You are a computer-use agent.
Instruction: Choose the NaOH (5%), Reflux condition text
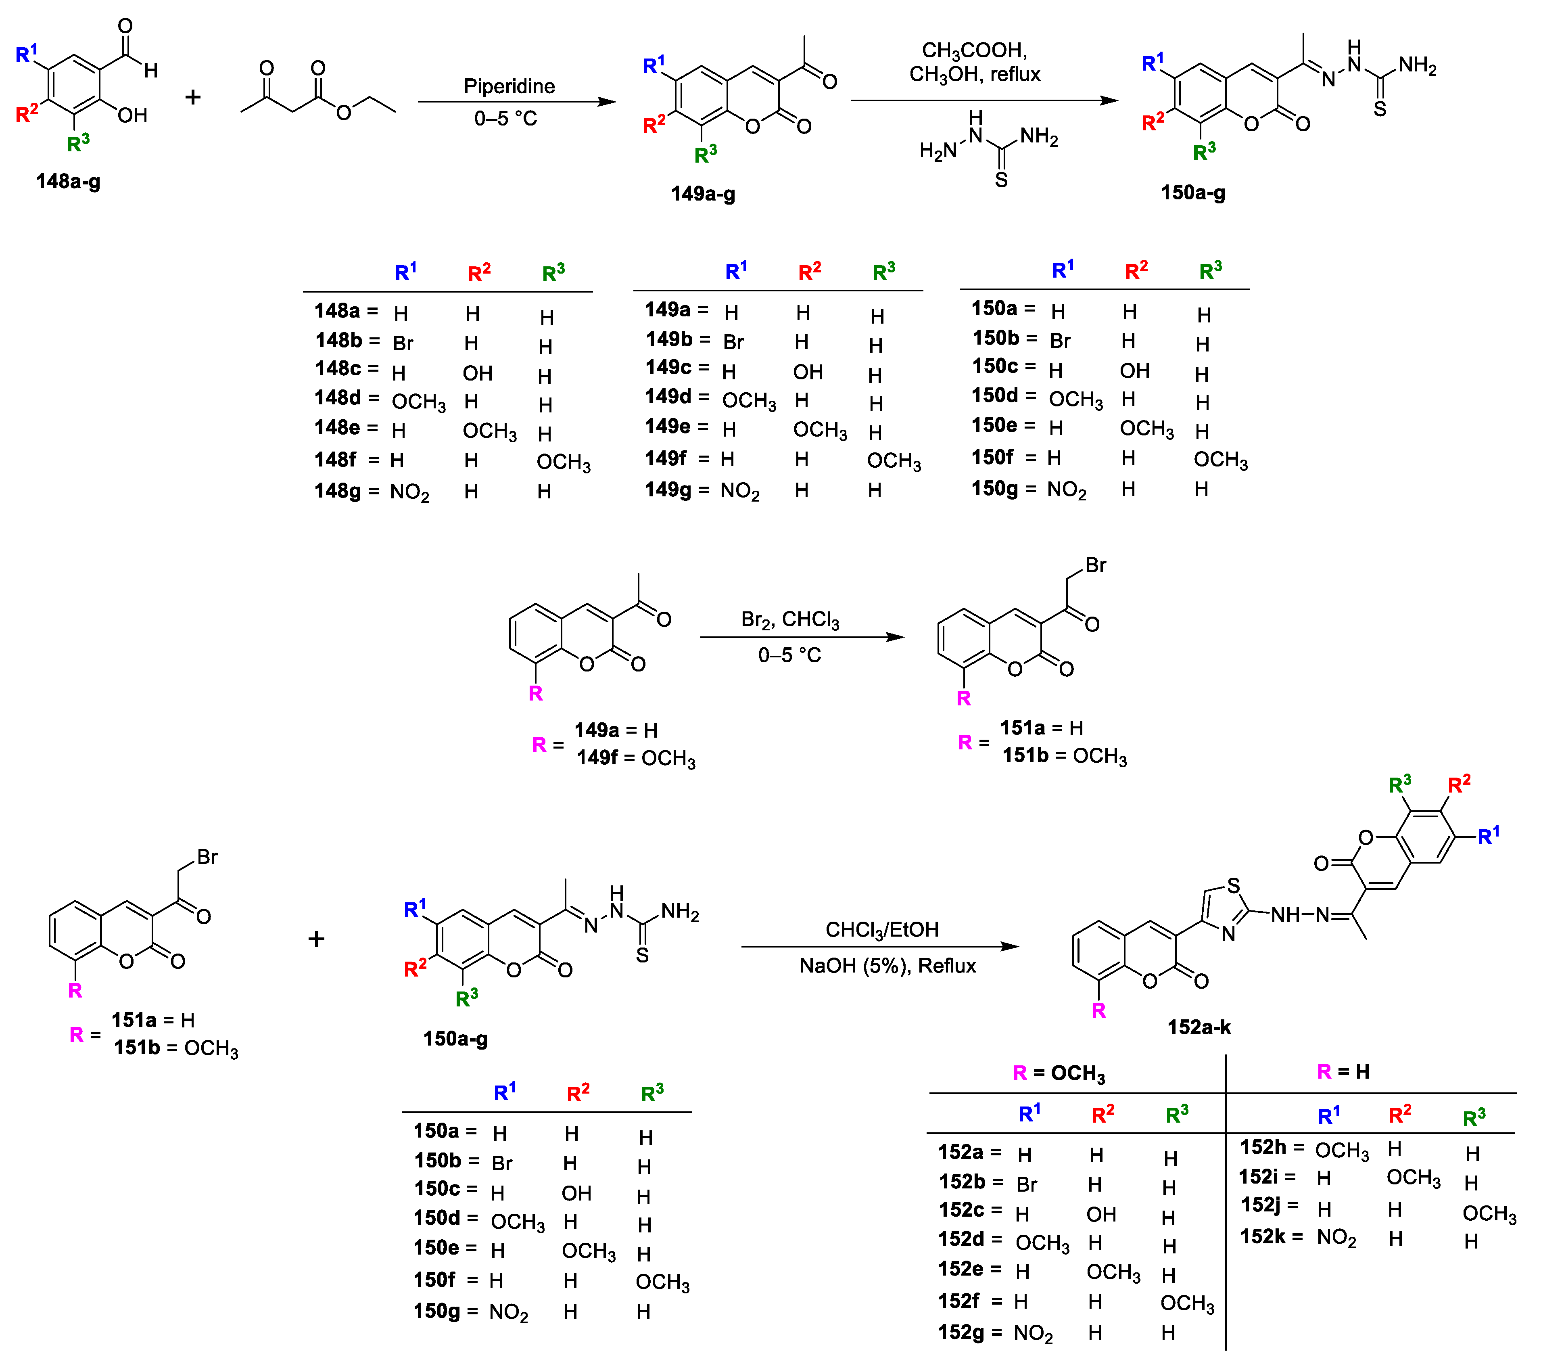[887, 966]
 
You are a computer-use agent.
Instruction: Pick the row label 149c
[668, 368]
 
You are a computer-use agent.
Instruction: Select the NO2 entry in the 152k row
[1336, 1238]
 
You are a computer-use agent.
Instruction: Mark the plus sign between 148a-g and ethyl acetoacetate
[193, 97]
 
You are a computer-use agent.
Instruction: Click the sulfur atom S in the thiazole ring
[1233, 885]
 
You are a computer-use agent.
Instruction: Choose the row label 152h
[1263, 1147]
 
